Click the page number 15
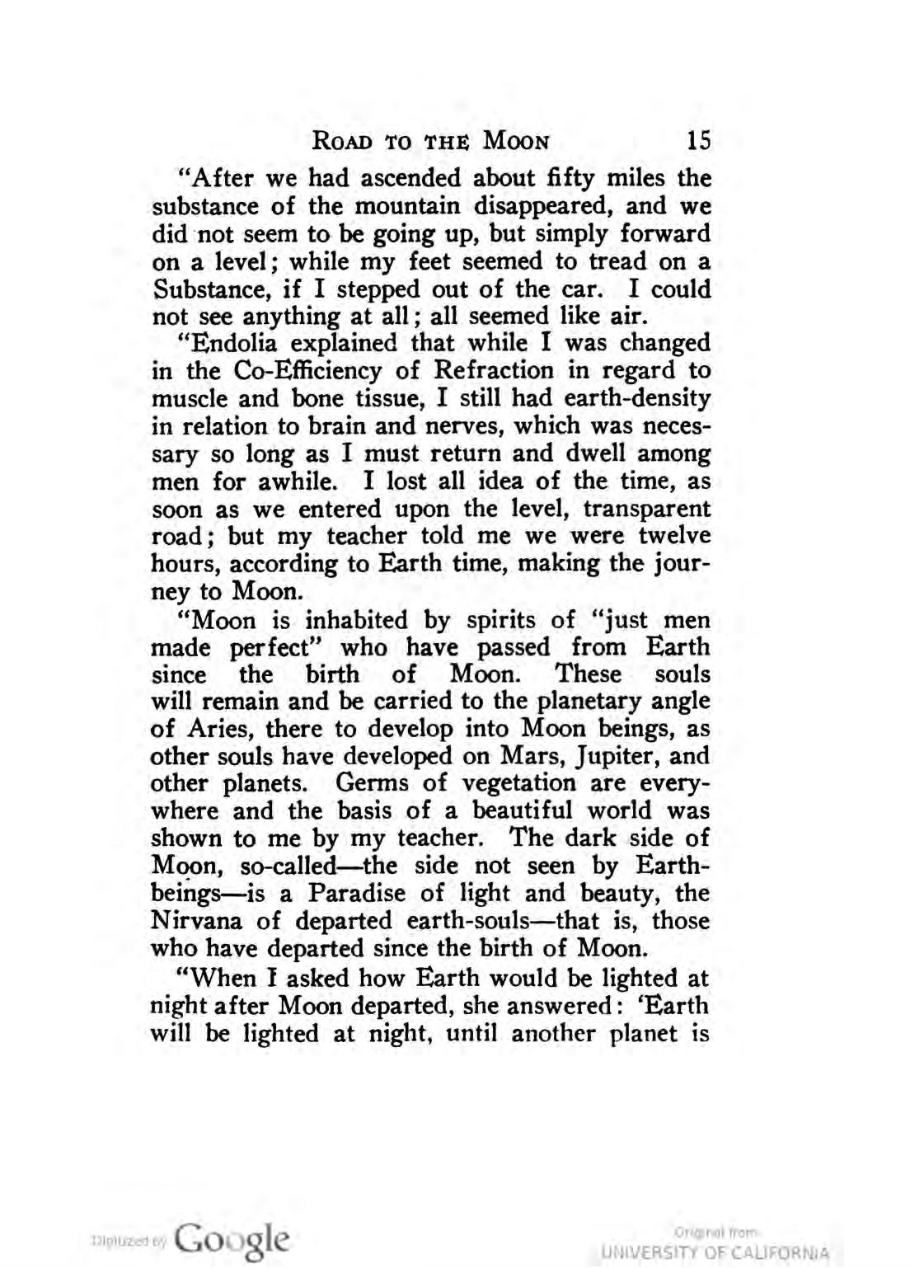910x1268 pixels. click(x=698, y=139)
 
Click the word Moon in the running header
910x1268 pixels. click(x=516, y=140)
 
